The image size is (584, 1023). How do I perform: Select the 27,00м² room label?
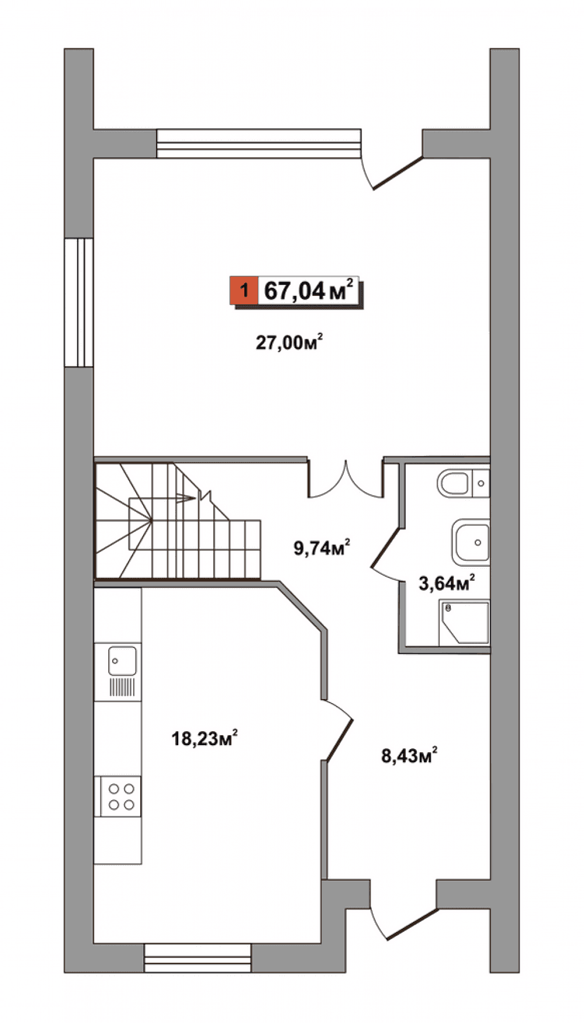(289, 342)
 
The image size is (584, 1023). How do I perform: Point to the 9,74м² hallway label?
(322, 547)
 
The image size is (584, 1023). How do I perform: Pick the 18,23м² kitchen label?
(205, 738)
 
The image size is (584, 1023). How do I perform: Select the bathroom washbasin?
(470, 542)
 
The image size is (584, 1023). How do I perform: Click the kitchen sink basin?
(122, 661)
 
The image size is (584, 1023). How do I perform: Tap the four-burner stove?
(121, 796)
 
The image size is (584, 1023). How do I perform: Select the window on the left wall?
(79, 302)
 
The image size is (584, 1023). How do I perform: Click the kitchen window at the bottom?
(198, 957)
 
